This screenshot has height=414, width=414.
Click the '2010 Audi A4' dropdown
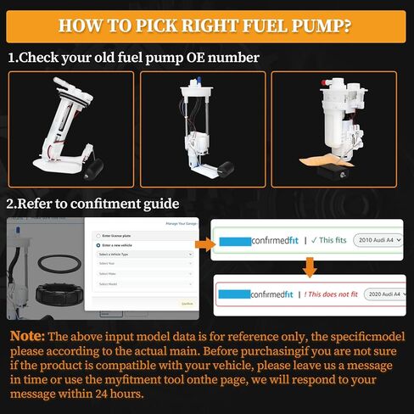378,240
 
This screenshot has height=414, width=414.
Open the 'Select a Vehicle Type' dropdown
143,254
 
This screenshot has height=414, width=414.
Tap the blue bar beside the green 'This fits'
235,241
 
